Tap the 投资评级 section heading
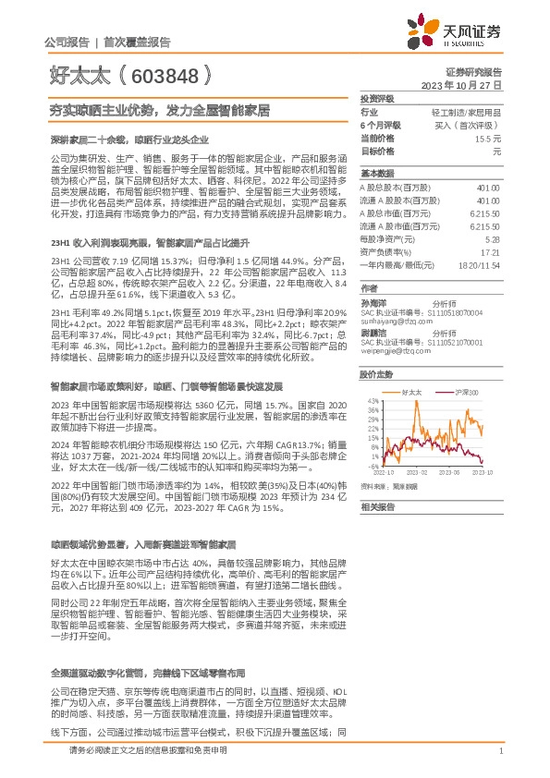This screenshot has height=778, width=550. pyautogui.click(x=376, y=97)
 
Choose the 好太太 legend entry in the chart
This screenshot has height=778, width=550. pyautogui.click(x=412, y=393)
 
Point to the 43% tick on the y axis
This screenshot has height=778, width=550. pyautogui.click(x=371, y=400)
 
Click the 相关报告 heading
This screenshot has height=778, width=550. pyautogui.click(x=376, y=506)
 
